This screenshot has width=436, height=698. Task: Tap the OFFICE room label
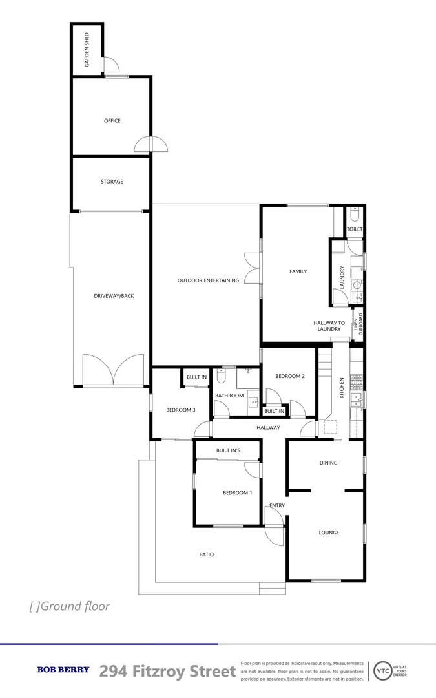pos(112,121)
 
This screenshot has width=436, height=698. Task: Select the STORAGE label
pos(112,182)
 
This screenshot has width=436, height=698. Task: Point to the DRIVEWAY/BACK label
pos(114,296)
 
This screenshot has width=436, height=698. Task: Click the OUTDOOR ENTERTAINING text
pos(208,280)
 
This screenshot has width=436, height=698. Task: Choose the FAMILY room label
pos(298,271)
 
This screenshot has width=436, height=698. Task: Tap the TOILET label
pos(355,229)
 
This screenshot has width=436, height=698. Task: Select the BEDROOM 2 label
pos(289,376)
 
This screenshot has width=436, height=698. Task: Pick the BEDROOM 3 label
pos(180,410)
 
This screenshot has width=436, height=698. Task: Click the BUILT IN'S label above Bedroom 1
pos(228,450)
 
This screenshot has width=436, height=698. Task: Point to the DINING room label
pos(328,463)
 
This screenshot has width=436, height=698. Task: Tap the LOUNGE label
pos(328,533)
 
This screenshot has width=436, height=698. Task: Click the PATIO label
pos(206,555)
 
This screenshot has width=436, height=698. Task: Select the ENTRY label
pos(277,505)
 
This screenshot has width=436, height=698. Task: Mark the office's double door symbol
pos(151,145)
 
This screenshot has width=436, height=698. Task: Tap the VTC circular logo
pos(383,670)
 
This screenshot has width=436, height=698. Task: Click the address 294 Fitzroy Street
pos(168,672)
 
